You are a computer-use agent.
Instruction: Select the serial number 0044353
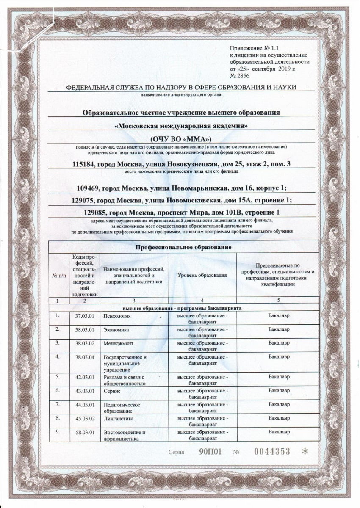272,452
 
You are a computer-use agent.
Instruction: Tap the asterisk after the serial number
304,452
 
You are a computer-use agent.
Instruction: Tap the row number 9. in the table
58,432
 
